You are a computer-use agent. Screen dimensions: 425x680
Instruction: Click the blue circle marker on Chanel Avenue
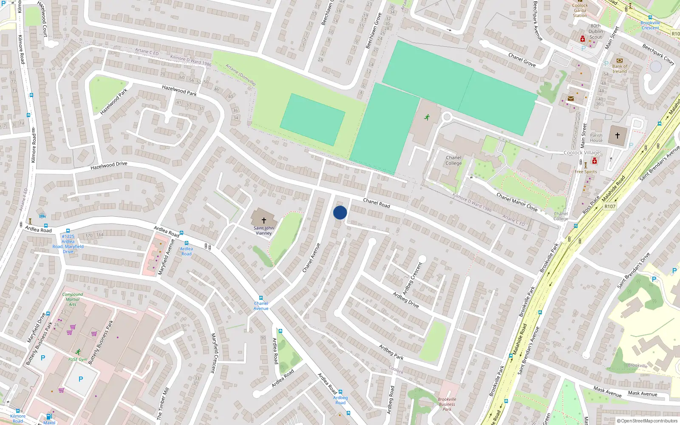(340, 212)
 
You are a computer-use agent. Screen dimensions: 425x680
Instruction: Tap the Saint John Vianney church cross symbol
(263, 220)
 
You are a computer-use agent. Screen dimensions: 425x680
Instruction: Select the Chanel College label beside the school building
(453, 161)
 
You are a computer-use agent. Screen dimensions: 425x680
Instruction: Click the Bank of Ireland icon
(619, 60)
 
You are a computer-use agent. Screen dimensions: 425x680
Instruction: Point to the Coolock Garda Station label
(580, 11)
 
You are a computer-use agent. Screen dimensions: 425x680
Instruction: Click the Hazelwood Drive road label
(109, 166)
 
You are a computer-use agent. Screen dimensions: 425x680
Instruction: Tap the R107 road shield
(610, 207)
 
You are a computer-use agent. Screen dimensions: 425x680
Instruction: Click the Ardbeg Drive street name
(405, 300)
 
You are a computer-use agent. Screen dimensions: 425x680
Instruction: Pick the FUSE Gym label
(78, 360)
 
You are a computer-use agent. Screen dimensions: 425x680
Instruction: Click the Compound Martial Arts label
(73, 299)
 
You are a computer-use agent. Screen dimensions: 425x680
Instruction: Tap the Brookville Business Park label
(447, 404)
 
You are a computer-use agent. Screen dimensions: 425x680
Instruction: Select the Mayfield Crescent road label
(215, 353)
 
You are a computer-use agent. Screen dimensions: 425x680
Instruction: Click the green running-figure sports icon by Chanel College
(427, 117)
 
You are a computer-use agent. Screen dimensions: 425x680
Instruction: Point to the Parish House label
(596, 138)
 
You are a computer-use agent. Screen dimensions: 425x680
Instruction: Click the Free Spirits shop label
(586, 172)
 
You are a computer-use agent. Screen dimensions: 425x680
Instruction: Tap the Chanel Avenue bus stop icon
(261, 298)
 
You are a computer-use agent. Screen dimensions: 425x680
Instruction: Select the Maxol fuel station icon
(49, 416)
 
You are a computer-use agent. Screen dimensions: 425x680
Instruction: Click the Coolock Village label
(582, 153)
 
